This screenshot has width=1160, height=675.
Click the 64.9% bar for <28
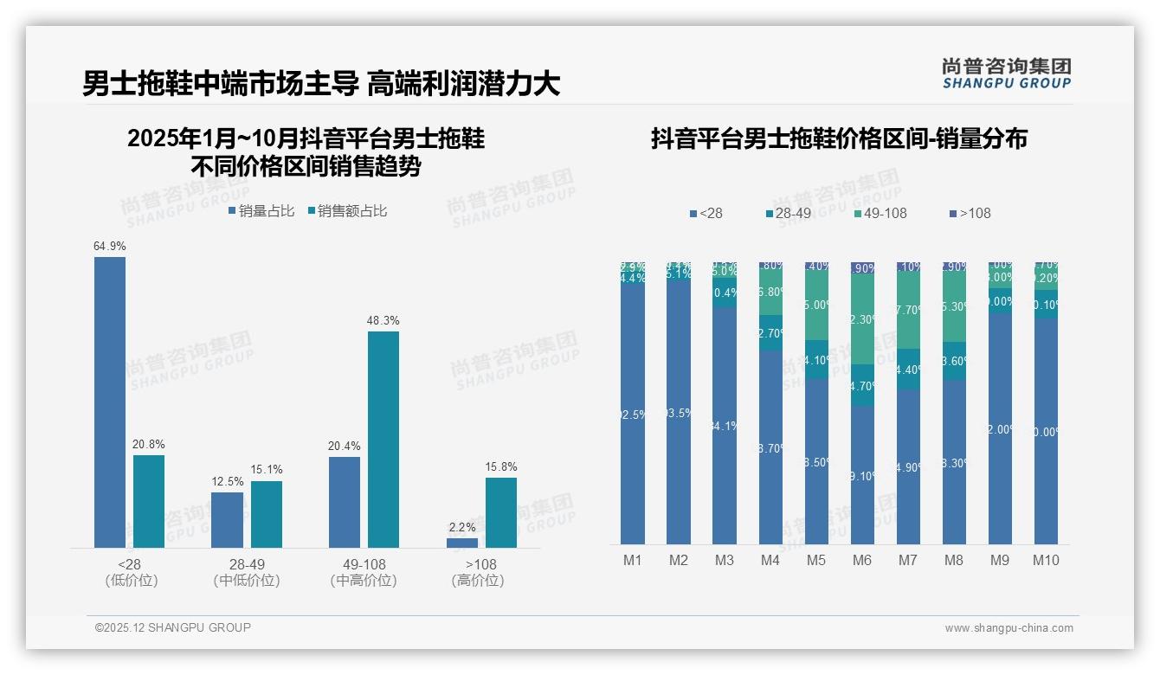tap(110, 402)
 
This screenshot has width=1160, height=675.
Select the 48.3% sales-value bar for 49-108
tap(383, 440)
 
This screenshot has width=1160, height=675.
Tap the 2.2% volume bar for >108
tap(462, 543)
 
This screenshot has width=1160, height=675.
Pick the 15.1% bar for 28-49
tap(267, 514)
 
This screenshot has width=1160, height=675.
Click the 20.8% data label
tap(149, 445)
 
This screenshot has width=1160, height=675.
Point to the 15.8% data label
tap(501, 467)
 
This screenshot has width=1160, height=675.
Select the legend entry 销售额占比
tap(347, 211)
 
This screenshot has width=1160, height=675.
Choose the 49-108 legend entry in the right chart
tap(880, 213)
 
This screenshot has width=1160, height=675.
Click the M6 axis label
tap(862, 560)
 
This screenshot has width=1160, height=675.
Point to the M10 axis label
tap(1046, 560)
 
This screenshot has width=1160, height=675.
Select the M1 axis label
tap(633, 560)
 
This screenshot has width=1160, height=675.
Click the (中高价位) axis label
tap(364, 581)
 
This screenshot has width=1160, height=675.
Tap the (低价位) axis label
tap(132, 581)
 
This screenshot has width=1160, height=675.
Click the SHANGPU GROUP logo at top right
tap(1007, 74)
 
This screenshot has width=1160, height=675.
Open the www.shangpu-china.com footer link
tap(1009, 628)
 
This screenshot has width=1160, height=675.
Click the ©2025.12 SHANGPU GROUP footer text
tap(173, 627)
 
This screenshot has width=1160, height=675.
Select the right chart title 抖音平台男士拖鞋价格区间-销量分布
tap(839, 139)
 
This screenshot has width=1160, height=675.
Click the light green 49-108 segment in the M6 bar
tap(862, 318)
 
